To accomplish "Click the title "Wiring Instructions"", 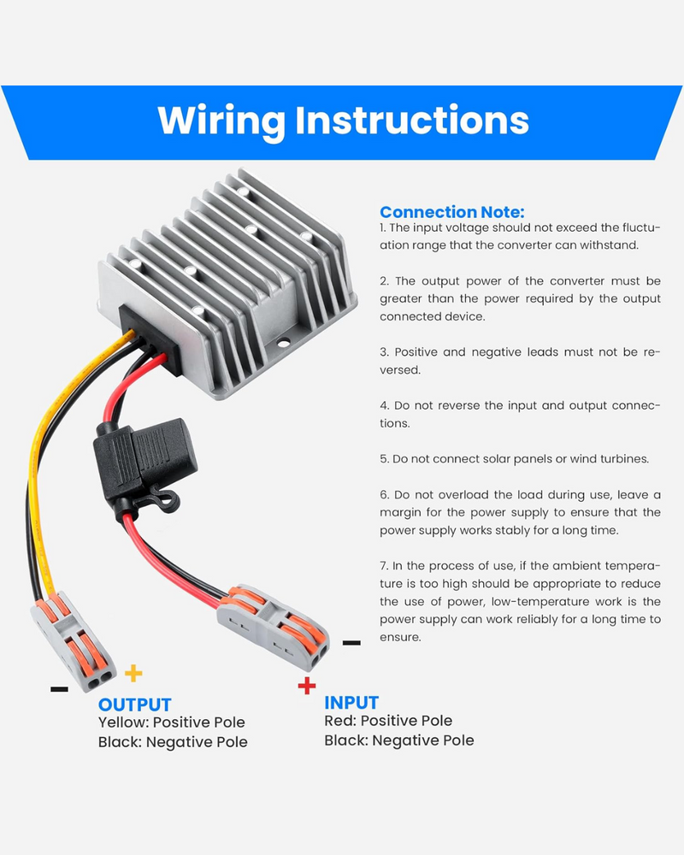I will [x=343, y=121].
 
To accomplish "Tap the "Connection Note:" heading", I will [x=451, y=212].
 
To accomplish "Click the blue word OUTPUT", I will [x=135, y=705].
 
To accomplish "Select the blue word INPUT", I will [x=351, y=703].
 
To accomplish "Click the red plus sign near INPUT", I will [x=306, y=685].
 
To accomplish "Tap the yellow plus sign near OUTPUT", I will [x=133, y=673].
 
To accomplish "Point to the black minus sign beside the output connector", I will [x=59, y=688].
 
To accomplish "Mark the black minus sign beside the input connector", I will [x=351, y=642].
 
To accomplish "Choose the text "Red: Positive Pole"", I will [x=388, y=721].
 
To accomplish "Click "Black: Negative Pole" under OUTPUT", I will [x=173, y=742].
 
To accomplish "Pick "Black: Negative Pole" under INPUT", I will [x=398, y=740].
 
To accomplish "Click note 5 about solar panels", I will [x=514, y=459].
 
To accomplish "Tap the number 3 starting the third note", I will [x=383, y=352].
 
